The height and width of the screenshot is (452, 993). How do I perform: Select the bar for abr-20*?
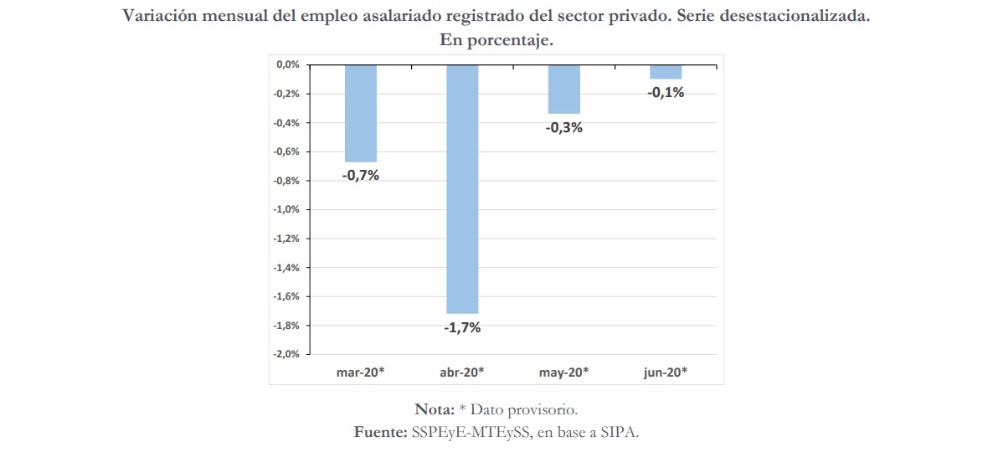coord(462,188)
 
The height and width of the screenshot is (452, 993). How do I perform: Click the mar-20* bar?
coord(360,113)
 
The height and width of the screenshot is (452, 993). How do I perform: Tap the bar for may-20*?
coord(564,89)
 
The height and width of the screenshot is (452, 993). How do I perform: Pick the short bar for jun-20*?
coord(666,72)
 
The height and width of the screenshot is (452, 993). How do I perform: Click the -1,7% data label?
coord(462,328)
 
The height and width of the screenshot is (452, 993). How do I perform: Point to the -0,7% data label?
coord(360,176)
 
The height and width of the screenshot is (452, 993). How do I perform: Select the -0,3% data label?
coord(564,128)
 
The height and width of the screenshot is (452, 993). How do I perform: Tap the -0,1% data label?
coord(666,93)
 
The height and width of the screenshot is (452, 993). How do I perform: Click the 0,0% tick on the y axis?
coord(288,64)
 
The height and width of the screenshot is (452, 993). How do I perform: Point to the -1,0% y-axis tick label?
coord(287,209)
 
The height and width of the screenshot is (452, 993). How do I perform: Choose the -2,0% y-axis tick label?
coord(287,354)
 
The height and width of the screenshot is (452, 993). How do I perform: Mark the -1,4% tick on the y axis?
coord(287,268)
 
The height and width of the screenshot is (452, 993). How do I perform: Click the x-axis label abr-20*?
coord(462,371)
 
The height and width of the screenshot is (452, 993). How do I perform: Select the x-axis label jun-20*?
coord(666,371)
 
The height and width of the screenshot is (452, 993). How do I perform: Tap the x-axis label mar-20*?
coord(360,371)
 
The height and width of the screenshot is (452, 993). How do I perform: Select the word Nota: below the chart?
coord(434,409)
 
